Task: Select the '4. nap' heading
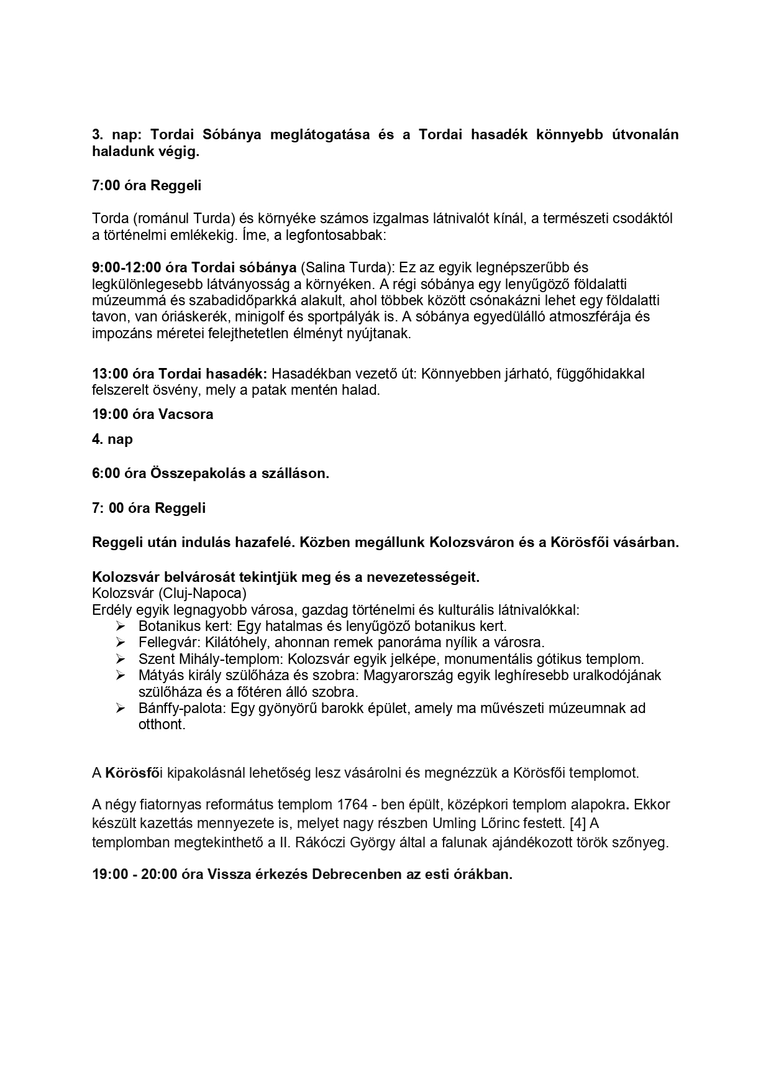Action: [112, 440]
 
